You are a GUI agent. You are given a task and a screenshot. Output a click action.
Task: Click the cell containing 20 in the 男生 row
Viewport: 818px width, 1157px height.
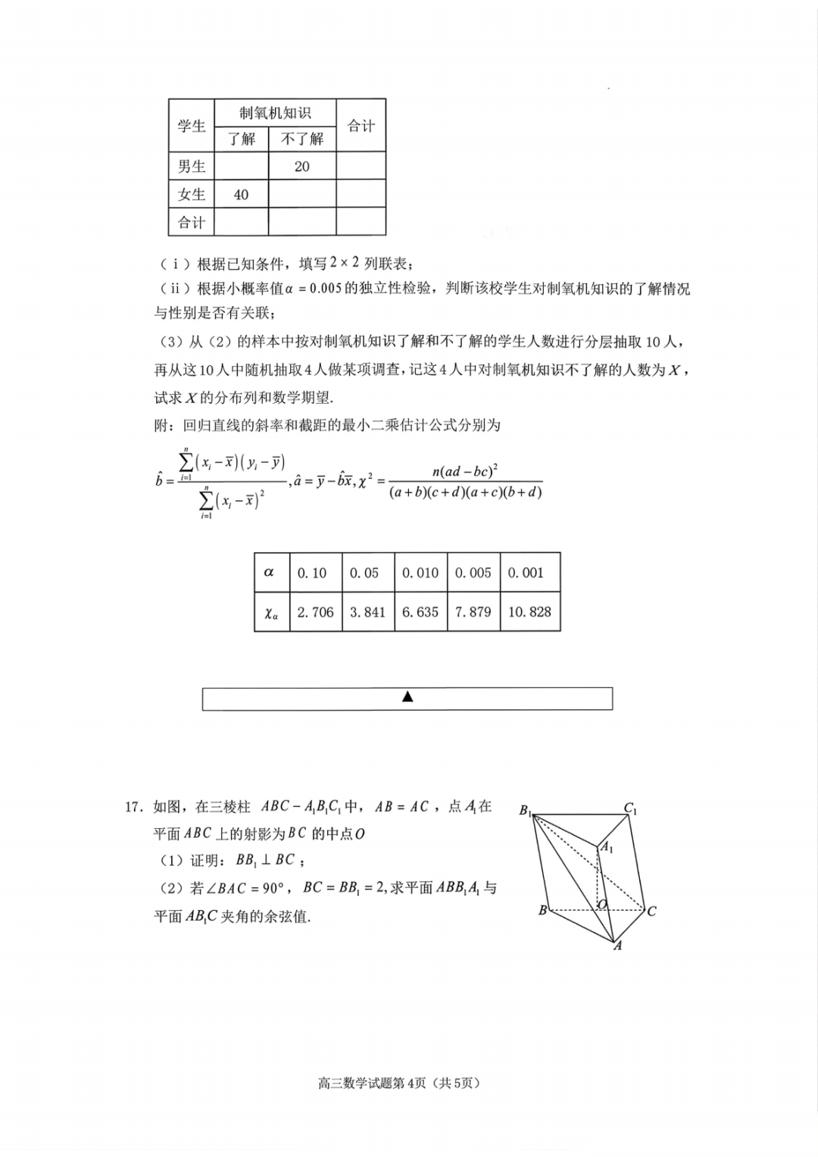(x=301, y=167)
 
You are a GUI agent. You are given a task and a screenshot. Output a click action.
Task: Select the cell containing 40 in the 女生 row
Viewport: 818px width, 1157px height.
(x=241, y=195)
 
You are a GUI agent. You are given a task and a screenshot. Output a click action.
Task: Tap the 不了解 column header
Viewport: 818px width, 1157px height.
(x=301, y=139)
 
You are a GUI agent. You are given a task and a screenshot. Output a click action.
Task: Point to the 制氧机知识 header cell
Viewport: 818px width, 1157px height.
(x=275, y=113)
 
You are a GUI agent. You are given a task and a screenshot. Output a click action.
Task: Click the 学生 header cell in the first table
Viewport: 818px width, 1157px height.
(x=192, y=126)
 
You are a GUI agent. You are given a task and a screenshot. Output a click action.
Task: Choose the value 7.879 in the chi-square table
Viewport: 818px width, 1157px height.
(x=473, y=612)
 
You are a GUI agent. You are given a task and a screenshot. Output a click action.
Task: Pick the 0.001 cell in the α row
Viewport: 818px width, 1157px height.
(x=526, y=573)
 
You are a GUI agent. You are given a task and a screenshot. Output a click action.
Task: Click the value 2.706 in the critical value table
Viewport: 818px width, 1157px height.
(x=315, y=612)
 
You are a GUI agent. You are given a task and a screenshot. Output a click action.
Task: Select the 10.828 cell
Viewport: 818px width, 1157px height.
(x=529, y=612)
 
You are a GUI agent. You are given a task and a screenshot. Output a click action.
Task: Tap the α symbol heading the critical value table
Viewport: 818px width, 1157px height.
(x=269, y=572)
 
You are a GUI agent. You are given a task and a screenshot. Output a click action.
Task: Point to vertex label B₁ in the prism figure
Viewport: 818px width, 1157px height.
(x=525, y=810)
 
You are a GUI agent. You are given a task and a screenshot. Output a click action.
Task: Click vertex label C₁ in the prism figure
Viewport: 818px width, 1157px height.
(x=630, y=808)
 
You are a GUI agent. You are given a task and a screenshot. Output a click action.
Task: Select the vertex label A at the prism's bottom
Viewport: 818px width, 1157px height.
(x=617, y=946)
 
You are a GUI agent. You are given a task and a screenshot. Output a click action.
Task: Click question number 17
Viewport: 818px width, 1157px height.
(x=133, y=807)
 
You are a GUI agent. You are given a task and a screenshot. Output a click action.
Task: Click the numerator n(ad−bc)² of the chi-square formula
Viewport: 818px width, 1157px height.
(x=464, y=471)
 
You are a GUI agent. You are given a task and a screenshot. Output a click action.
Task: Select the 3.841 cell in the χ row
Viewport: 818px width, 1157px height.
(x=367, y=612)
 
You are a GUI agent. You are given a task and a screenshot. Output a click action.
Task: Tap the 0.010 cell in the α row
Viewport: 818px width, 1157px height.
(x=420, y=573)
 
